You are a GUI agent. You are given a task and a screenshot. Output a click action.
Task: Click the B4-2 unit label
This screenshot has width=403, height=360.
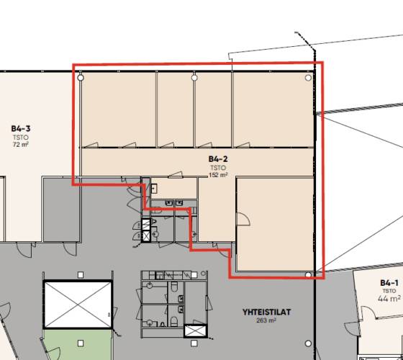(x=218, y=159)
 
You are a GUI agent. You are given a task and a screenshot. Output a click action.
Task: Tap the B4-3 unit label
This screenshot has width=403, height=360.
(x=21, y=128)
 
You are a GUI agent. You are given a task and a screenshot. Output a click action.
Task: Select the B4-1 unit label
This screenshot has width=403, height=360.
(x=389, y=283)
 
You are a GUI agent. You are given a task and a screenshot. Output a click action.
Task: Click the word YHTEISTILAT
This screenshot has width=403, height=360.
(x=266, y=312)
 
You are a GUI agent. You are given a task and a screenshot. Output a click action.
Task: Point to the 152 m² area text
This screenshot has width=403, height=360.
(x=218, y=175)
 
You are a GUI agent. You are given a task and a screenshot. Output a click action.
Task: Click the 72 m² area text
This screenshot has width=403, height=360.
(x=21, y=145)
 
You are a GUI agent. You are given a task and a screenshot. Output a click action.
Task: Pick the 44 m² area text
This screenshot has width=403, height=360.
(x=389, y=299)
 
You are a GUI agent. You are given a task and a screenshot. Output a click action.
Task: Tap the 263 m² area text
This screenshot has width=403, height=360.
(x=266, y=320)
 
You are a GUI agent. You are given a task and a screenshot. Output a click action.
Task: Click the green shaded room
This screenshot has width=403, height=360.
(x=78, y=345)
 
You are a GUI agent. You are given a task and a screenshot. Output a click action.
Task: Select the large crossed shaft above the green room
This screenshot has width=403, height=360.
(x=78, y=305)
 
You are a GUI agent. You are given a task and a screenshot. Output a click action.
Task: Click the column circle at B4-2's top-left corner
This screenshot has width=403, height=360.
(x=81, y=78)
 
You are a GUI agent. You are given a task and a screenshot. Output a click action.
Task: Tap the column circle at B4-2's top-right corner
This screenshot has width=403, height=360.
(x=308, y=78)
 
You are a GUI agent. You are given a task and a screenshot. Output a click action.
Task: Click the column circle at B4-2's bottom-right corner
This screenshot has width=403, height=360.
(x=308, y=274)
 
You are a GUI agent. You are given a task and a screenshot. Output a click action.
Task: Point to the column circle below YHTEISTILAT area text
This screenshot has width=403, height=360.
(x=308, y=343)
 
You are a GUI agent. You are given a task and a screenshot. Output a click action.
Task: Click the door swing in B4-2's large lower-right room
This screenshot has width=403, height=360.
(x=243, y=219)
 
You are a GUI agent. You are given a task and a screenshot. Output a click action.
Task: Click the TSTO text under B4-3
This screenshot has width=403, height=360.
(x=21, y=137)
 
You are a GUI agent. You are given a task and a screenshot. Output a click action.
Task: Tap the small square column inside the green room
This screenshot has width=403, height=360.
(x=81, y=343)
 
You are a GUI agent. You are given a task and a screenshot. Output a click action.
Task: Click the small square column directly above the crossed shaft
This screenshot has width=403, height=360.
(x=81, y=275)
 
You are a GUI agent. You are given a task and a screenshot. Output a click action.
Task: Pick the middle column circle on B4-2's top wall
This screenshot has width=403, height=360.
(x=194, y=78)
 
